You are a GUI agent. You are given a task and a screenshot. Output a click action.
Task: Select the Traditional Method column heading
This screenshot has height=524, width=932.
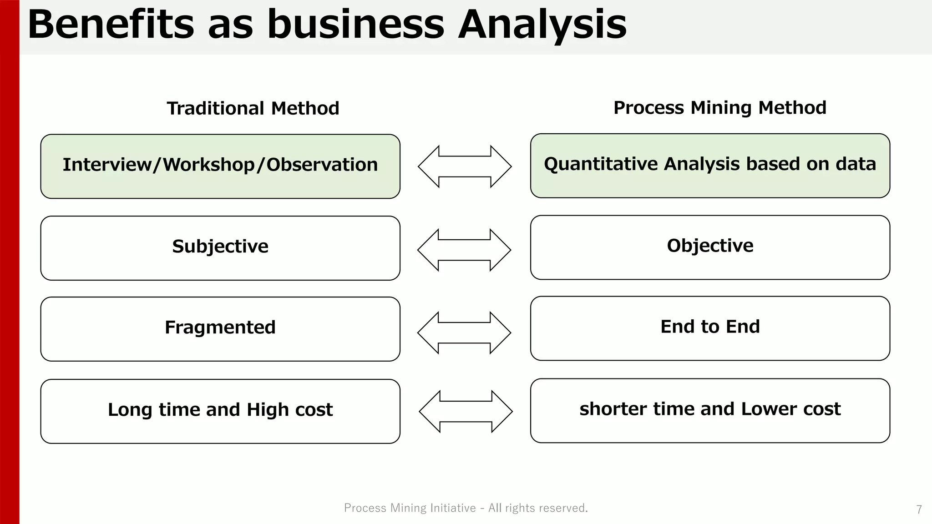click(x=253, y=108)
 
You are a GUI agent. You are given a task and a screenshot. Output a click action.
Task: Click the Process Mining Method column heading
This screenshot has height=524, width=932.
click(x=719, y=108)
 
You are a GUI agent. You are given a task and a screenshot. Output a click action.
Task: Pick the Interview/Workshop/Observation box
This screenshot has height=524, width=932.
click(x=220, y=166)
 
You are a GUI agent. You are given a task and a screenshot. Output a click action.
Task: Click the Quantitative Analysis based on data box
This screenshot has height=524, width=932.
click(x=710, y=165)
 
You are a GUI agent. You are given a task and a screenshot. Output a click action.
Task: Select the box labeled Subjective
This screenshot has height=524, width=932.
click(x=220, y=247)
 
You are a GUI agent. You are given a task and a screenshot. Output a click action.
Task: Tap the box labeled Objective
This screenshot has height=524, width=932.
click(x=710, y=247)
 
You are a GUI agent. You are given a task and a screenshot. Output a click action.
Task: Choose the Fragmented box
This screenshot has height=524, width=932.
click(x=220, y=328)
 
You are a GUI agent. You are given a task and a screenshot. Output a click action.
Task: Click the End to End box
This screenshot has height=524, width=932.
click(x=710, y=328)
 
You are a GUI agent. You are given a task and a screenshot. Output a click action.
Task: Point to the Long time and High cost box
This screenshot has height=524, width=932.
click(x=220, y=411)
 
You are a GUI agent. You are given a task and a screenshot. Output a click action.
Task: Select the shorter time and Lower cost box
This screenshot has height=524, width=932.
click(x=710, y=410)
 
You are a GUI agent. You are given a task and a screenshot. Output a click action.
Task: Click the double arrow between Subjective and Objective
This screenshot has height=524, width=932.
click(x=464, y=250)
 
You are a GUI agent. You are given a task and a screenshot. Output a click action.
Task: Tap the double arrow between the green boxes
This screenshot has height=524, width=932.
click(x=465, y=166)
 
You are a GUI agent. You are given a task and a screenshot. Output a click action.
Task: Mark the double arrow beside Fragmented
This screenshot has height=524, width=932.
click(x=464, y=333)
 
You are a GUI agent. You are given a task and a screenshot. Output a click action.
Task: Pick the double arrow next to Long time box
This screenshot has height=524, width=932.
click(x=466, y=411)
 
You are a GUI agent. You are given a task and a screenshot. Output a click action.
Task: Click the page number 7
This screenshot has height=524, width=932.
click(x=919, y=509)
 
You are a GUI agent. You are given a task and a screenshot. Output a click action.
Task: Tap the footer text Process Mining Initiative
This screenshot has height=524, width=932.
click(x=410, y=508)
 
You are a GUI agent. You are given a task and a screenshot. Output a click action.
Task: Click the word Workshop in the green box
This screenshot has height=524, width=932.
click(x=209, y=165)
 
